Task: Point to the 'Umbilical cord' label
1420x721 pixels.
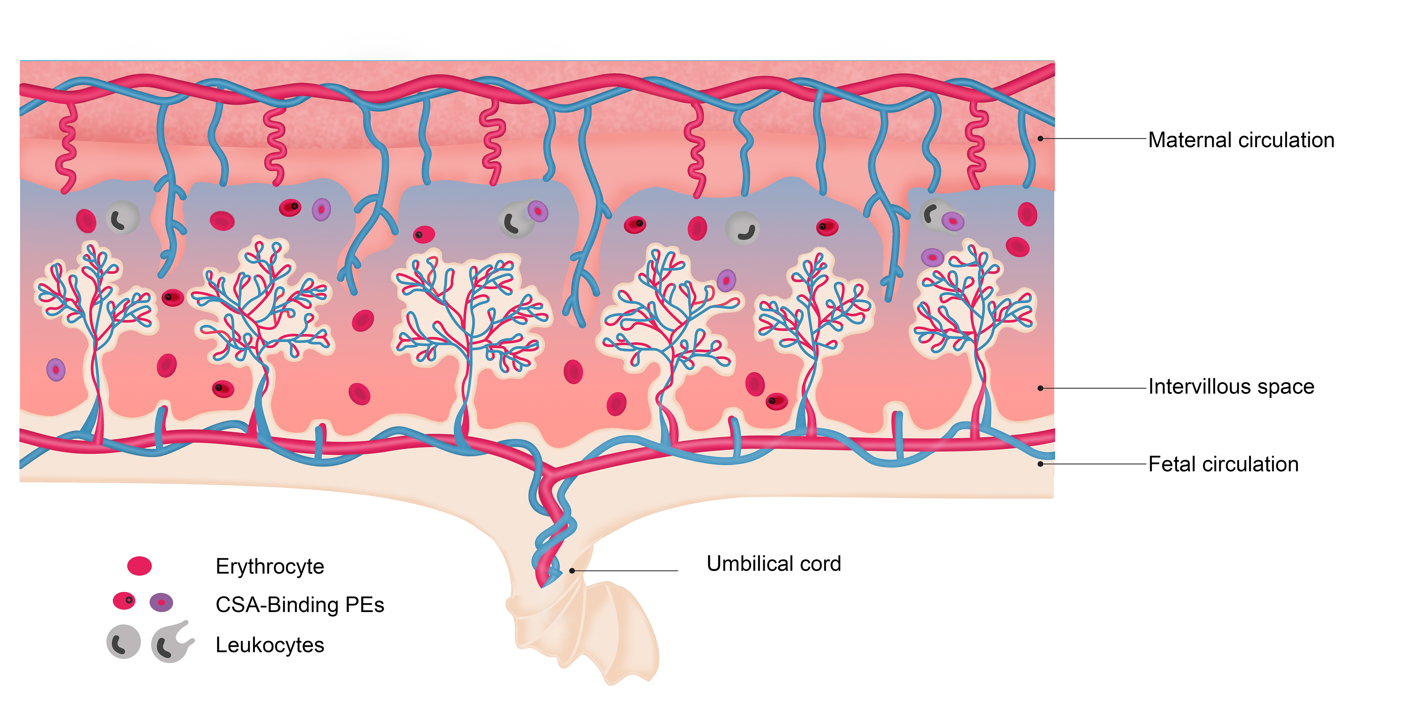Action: click(x=773, y=564)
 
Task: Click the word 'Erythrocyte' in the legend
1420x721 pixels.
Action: click(x=270, y=566)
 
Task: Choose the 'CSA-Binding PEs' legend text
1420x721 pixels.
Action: click(x=299, y=605)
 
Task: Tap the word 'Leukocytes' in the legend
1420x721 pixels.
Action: click(x=270, y=645)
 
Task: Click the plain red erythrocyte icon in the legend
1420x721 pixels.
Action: click(x=139, y=566)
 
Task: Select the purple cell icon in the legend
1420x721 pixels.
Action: click(x=161, y=602)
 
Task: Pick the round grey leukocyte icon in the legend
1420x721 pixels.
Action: click(x=124, y=642)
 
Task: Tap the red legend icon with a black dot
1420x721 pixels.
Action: click(x=124, y=601)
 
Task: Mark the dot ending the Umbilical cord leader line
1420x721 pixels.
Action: click(x=572, y=571)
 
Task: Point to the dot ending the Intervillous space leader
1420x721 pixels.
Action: click(x=1040, y=388)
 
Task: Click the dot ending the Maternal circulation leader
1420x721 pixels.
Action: click(x=1040, y=138)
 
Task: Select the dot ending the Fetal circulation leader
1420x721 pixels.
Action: click(x=1040, y=464)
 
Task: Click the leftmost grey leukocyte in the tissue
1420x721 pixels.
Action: click(x=122, y=218)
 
